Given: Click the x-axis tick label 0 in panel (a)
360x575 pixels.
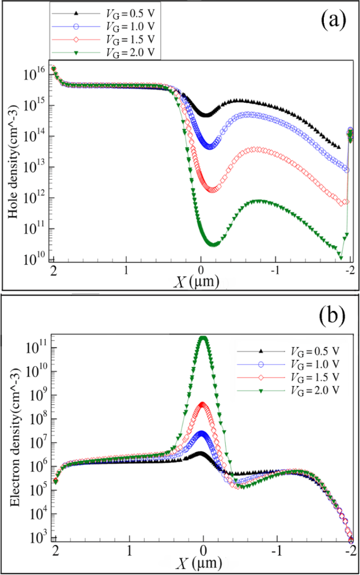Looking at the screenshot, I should tap(202, 270).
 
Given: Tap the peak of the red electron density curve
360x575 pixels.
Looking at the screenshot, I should tap(203, 405).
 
